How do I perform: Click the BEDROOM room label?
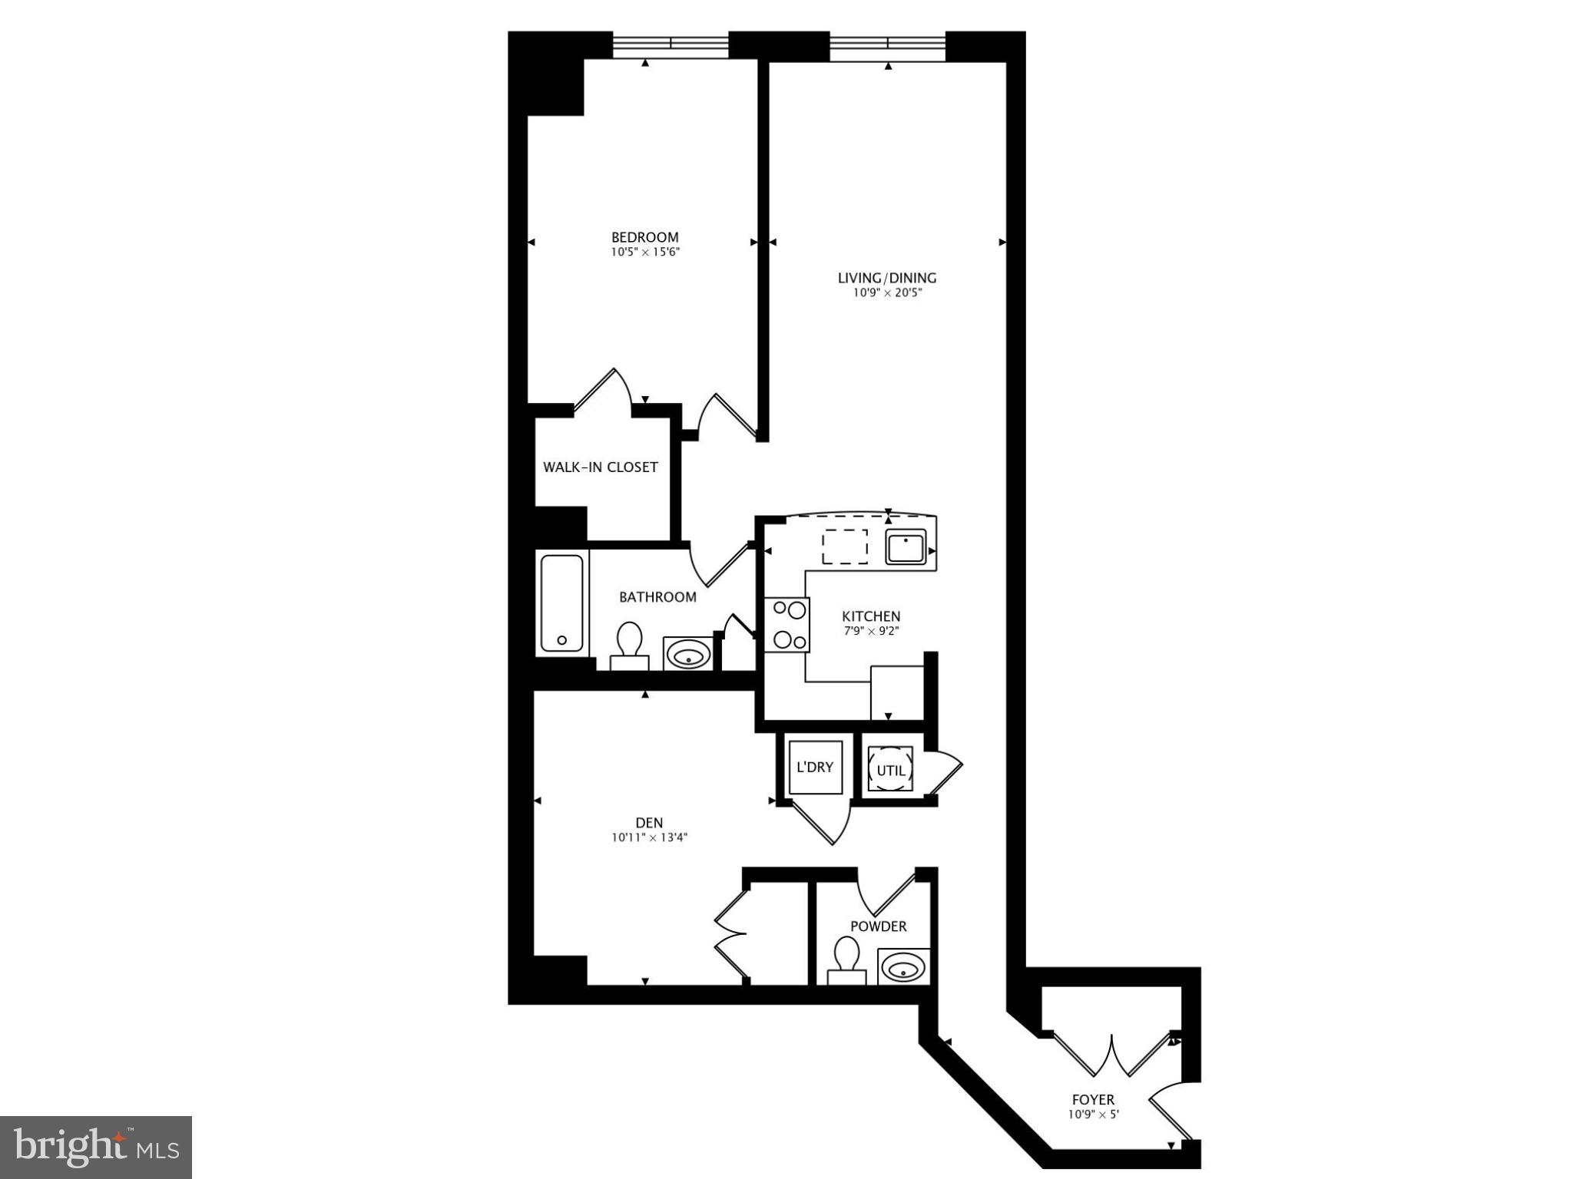(x=644, y=237)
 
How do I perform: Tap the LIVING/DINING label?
(x=887, y=278)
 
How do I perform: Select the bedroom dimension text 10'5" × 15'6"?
(x=645, y=252)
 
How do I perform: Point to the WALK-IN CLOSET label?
(x=600, y=467)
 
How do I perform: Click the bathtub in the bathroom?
(x=561, y=603)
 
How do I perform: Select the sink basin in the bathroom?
(x=687, y=655)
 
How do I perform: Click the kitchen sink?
(x=906, y=547)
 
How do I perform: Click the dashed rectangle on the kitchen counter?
(x=845, y=547)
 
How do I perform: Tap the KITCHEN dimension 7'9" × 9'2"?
(x=871, y=632)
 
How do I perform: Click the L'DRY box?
(x=816, y=767)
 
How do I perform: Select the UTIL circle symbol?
(x=891, y=769)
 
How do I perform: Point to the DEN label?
(x=649, y=823)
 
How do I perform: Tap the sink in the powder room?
(x=902, y=968)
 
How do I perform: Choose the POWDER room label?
(x=878, y=926)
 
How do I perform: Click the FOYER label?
(x=1093, y=1099)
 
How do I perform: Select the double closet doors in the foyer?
(x=1111, y=1056)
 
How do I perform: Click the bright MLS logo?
(x=96, y=1148)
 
